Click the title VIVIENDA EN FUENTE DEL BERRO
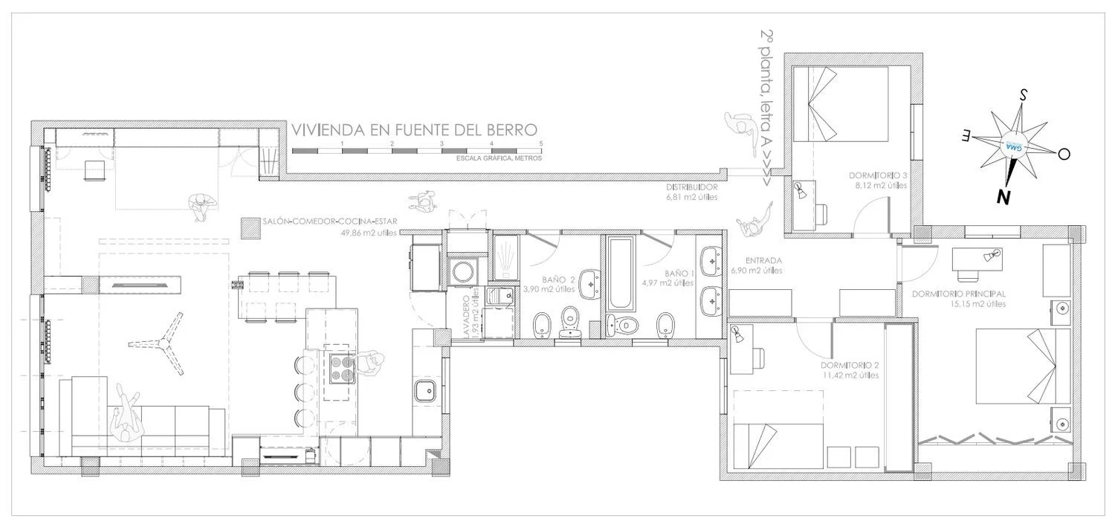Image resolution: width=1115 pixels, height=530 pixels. click(414, 130)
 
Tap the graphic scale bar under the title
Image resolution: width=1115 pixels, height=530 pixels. click(416, 151)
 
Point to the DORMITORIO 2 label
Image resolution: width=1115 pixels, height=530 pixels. click(850, 366)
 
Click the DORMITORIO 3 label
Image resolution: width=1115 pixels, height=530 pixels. click(878, 176)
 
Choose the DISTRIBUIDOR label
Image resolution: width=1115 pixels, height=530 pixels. click(691, 187)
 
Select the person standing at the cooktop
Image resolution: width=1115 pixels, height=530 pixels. click(369, 365)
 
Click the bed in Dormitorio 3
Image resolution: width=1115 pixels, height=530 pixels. click(841, 103)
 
